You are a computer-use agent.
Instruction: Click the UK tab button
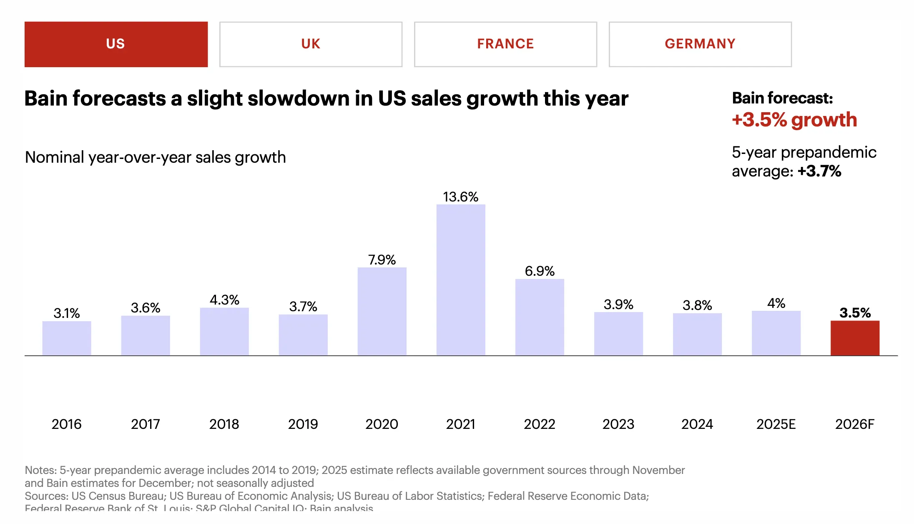[x=311, y=44]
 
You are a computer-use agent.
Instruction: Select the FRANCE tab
[x=505, y=44]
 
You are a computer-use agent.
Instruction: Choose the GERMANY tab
[x=700, y=44]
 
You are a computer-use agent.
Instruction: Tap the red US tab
[x=116, y=44]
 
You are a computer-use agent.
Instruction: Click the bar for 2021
[x=461, y=280]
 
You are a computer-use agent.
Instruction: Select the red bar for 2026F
[x=855, y=338]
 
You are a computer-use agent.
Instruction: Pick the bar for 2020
[x=382, y=311]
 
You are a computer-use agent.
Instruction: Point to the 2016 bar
[x=67, y=338]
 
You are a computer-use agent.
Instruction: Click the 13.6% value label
[x=461, y=197]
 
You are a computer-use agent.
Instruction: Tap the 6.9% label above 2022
[x=540, y=271]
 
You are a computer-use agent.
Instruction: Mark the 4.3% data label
[x=224, y=300]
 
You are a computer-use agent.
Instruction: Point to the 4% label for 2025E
[x=776, y=303]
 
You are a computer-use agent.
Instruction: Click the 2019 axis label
[x=303, y=424]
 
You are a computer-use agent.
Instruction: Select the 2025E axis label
[x=776, y=424]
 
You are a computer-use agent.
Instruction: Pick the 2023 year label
[x=618, y=424]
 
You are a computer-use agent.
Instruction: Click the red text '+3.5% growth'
[x=794, y=120]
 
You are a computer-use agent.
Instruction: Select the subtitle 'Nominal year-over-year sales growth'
[x=155, y=157]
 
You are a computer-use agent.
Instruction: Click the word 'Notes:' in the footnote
[x=41, y=470]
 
